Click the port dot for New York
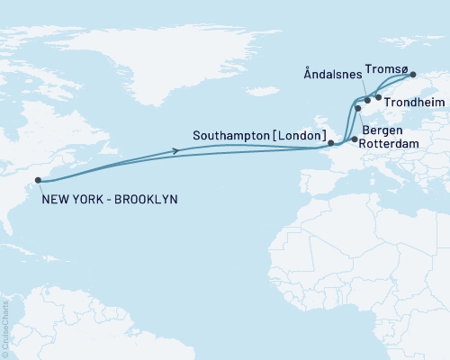tap(38, 180)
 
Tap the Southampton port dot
tap(330, 142)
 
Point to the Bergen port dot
tap(358, 109)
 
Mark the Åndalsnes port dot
tap(367, 100)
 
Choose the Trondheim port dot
tap(378, 96)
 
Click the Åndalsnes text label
tap(334, 78)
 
